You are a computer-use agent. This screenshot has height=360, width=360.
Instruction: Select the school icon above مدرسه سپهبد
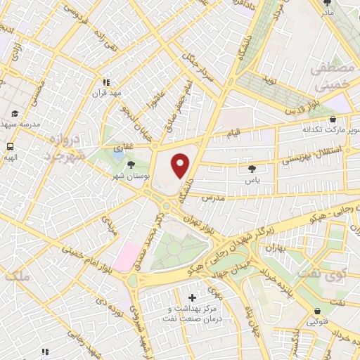15,112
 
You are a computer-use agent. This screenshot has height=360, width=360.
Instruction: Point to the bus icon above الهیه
11,147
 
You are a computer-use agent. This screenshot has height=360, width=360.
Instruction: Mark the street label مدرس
212,199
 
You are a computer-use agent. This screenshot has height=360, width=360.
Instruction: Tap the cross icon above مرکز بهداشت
193,298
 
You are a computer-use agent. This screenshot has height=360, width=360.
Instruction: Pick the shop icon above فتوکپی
319,310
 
